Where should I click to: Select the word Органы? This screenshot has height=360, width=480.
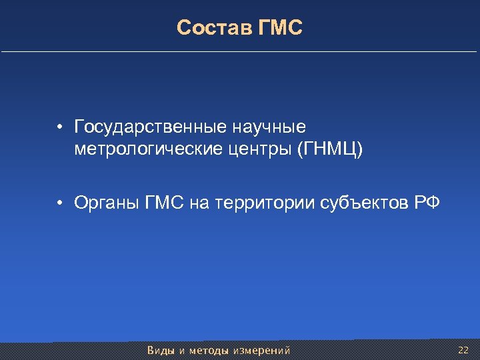coord(107,202)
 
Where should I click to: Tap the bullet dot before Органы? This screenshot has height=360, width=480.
coord(60,203)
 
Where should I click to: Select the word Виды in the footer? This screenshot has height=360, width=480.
coord(161,350)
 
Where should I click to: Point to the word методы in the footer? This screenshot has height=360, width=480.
coord(209,350)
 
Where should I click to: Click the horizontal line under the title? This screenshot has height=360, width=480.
coord(240,51)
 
